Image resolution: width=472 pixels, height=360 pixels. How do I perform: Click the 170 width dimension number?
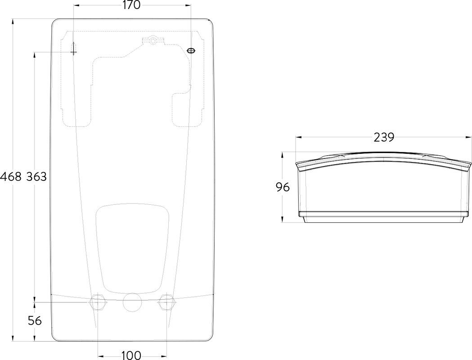pyautogui.click(x=131, y=5)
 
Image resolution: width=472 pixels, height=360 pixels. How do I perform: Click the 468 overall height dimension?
pyautogui.click(x=11, y=176)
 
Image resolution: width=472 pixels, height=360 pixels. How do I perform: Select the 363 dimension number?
pyautogui.click(x=36, y=176)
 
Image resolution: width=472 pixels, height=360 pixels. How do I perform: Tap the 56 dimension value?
pyautogui.click(x=35, y=321)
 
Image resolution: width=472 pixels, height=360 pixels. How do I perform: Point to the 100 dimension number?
pyautogui.click(x=131, y=355)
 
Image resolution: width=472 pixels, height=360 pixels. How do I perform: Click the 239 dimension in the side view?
pyautogui.click(x=384, y=138)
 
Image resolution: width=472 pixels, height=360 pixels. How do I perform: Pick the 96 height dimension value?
pyautogui.click(x=283, y=187)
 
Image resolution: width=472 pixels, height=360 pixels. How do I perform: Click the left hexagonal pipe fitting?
pyautogui.click(x=98, y=302)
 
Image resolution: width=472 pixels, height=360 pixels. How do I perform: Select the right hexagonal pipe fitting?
pyautogui.click(x=166, y=302)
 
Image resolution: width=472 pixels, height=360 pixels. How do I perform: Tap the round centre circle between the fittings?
pyautogui.click(x=132, y=302)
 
